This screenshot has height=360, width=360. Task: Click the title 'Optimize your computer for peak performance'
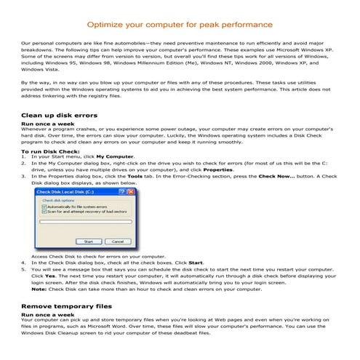[x=180, y=24]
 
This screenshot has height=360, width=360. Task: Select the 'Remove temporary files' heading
[x=66, y=307]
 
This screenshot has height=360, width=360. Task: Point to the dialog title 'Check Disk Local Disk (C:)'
[x=66, y=191]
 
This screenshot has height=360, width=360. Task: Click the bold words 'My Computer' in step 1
[x=115, y=156]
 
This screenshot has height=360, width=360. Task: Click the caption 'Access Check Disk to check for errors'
[x=98, y=256]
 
